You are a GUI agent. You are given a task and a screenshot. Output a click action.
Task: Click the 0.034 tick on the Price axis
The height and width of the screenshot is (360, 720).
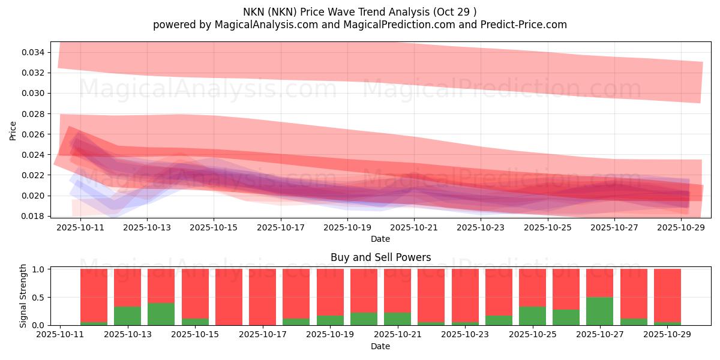tap(32, 52)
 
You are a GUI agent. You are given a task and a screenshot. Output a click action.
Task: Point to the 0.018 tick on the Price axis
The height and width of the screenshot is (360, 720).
tap(32, 216)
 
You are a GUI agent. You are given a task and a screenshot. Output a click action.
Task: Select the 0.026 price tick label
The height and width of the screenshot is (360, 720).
tap(32, 134)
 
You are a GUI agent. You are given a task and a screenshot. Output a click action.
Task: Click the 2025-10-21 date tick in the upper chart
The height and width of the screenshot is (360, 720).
tap(414, 228)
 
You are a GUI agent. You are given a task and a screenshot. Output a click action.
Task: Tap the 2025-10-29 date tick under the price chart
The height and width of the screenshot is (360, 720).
tap(681, 228)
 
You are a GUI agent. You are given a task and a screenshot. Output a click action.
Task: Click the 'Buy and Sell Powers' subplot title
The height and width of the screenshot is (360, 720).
tap(380, 257)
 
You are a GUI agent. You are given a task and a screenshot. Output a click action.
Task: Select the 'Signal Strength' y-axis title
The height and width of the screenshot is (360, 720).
tap(23, 296)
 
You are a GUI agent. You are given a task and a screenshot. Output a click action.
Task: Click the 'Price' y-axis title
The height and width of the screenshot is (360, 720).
tap(13, 130)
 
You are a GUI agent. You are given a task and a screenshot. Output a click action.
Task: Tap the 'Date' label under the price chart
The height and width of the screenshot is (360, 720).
tap(380, 239)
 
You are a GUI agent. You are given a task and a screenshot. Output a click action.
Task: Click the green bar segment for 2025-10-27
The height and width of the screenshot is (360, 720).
tap(599, 311)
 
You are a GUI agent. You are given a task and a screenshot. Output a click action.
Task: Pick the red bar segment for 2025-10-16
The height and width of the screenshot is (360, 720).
tap(229, 296)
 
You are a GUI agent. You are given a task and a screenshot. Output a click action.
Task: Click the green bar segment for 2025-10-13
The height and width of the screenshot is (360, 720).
tap(127, 316)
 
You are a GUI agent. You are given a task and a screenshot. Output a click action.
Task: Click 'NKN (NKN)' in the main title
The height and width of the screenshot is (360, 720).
tap(269, 11)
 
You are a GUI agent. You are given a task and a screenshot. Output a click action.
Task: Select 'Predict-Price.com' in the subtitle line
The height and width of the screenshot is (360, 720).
tap(526, 25)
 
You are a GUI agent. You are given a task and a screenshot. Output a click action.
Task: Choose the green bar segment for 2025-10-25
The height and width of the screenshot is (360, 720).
tap(532, 316)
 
